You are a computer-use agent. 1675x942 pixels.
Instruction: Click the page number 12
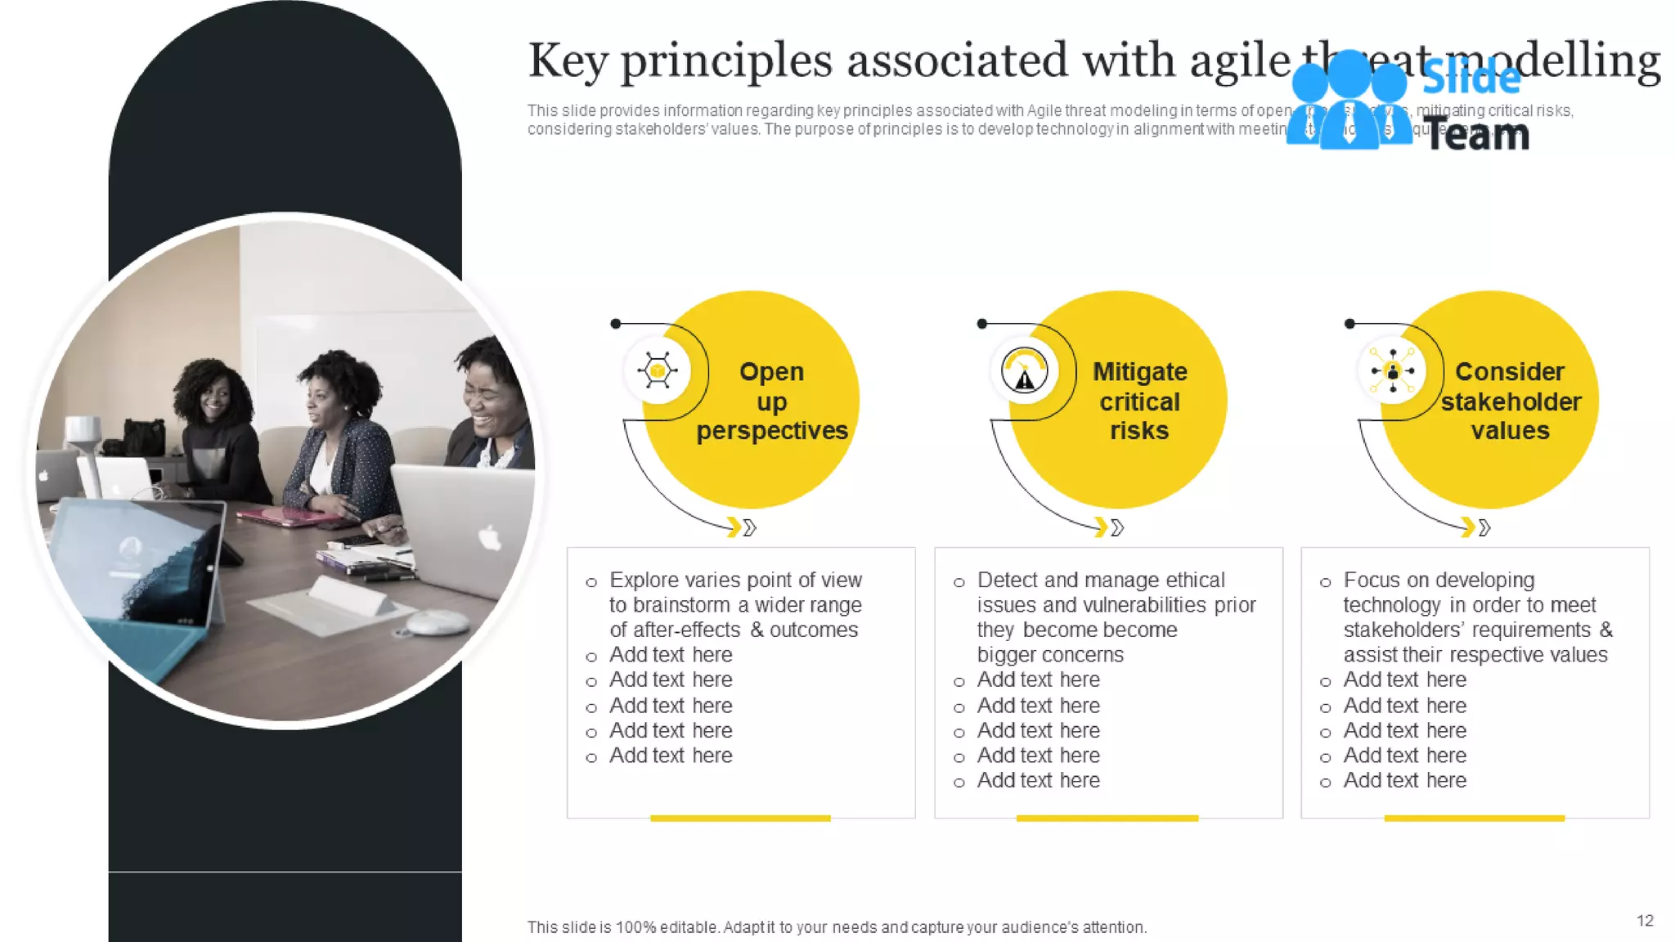point(1645,921)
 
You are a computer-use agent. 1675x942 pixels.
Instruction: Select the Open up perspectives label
point(771,401)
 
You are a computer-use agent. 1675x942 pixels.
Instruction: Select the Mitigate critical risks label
point(1139,401)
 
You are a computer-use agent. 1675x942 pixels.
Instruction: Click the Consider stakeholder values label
point(1510,401)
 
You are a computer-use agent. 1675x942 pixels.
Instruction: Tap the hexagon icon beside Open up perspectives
point(658,370)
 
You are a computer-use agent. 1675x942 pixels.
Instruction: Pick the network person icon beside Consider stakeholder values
point(1392,371)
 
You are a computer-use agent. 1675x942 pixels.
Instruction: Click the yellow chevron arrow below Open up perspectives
point(734,527)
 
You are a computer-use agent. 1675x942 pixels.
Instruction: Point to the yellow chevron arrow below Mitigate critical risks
point(1102,527)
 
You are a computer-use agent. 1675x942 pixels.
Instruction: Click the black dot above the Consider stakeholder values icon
point(1349,324)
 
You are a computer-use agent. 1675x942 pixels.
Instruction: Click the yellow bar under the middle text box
point(1107,818)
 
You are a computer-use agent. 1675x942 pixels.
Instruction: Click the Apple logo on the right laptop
point(489,537)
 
